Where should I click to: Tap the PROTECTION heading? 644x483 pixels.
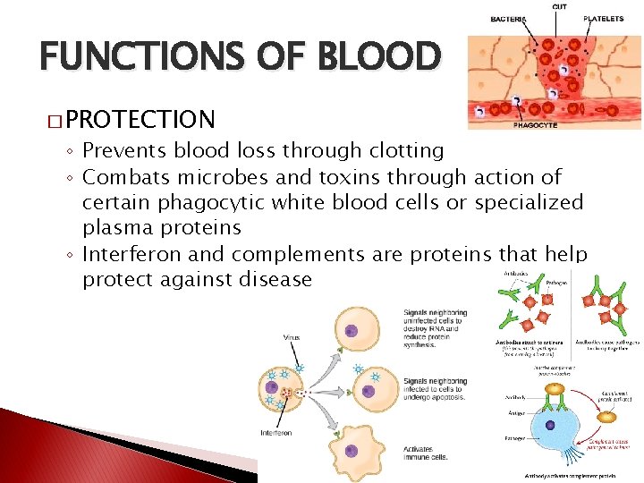click(140, 119)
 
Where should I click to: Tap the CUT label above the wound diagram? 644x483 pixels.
click(559, 7)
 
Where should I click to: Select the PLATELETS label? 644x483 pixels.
click(604, 19)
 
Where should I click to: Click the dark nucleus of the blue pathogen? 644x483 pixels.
click(549, 427)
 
